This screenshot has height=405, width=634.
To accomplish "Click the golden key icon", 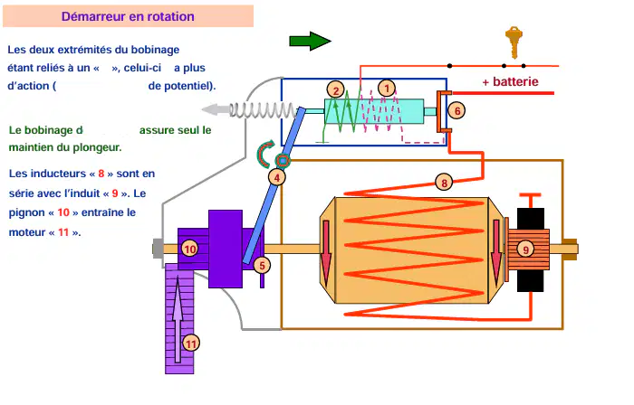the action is [514, 42].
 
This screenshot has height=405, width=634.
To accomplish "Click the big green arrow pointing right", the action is [310, 41].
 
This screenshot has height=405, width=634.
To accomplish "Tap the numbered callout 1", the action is [387, 89].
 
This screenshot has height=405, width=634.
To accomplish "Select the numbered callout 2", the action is [336, 90].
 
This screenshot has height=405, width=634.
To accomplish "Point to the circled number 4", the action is [277, 177].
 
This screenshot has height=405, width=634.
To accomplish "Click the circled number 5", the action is [262, 266].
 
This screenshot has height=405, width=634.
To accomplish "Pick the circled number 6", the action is [456, 110].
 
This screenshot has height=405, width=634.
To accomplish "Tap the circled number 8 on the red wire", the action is [444, 183].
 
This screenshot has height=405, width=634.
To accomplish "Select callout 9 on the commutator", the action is [525, 250].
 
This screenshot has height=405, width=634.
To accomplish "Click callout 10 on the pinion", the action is [189, 249].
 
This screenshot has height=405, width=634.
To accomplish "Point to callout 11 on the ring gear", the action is [191, 344].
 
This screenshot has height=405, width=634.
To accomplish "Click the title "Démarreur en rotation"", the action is [128, 16].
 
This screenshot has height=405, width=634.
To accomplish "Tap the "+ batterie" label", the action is [510, 82].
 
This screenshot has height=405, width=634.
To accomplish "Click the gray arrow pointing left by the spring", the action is [216, 109].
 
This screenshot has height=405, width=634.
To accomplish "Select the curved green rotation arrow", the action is [264, 154].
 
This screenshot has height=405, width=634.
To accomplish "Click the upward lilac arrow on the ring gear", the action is [178, 319].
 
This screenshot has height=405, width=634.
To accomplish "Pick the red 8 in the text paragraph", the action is [101, 174].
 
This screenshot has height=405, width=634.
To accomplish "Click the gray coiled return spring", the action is [264, 109].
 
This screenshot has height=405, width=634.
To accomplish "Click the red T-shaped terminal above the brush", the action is [530, 200].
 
